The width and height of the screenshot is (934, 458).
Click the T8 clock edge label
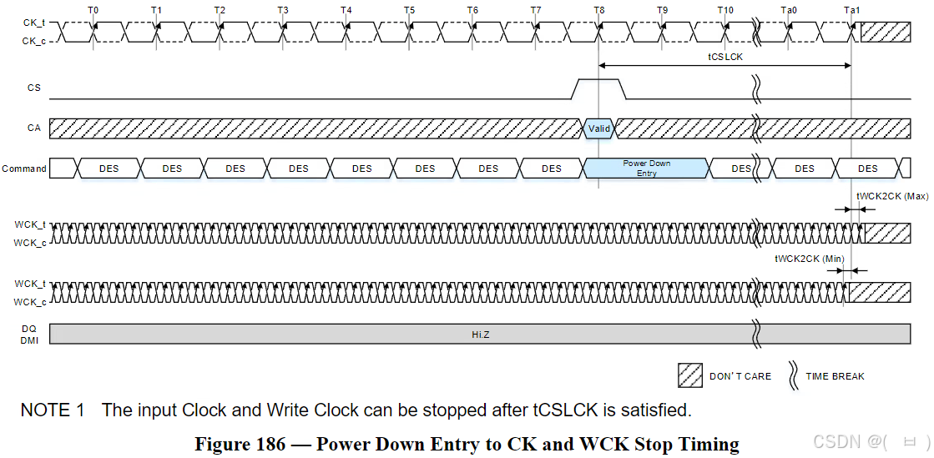(599, 10)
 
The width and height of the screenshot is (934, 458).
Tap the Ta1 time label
(851, 10)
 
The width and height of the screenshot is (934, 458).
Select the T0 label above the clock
(93, 10)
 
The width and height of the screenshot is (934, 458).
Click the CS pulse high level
(598, 81)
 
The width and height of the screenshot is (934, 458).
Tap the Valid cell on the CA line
(599, 128)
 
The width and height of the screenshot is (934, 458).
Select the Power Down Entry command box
(646, 168)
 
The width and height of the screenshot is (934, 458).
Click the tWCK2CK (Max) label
(891, 197)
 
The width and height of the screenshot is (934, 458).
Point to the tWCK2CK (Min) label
(809, 259)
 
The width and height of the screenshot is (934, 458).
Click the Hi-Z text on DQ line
(479, 334)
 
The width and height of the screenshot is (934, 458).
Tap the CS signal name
(33, 88)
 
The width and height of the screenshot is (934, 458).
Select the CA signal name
(33, 128)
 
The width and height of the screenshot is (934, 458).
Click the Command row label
(24, 169)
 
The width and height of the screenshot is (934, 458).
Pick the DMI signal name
(29, 340)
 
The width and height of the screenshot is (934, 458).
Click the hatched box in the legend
(689, 375)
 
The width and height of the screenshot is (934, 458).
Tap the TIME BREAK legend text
(834, 376)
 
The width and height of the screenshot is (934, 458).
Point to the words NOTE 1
(53, 410)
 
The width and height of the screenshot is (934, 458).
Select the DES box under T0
(109, 169)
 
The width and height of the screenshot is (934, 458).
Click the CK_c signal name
(34, 39)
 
